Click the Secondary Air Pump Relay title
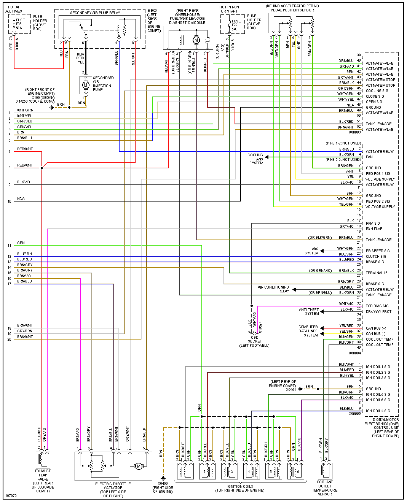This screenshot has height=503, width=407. (x=95, y=13)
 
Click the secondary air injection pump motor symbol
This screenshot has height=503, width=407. (x=85, y=85)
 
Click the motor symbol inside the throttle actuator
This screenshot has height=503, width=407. (x=139, y=466)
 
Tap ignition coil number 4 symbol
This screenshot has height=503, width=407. (x=249, y=471)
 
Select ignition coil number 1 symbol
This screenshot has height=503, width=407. (x=185, y=471)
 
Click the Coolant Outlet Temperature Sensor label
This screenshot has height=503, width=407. (x=325, y=488)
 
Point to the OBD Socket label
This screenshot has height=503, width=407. (x=254, y=341)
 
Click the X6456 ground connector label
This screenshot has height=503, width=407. (x=163, y=487)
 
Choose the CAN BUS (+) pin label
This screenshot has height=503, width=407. (x=376, y=328)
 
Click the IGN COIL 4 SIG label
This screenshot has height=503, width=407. (x=378, y=411)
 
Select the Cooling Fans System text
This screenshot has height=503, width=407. (x=255, y=159)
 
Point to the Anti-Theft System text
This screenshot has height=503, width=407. (x=309, y=312)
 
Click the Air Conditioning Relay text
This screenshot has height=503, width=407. (x=273, y=289)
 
